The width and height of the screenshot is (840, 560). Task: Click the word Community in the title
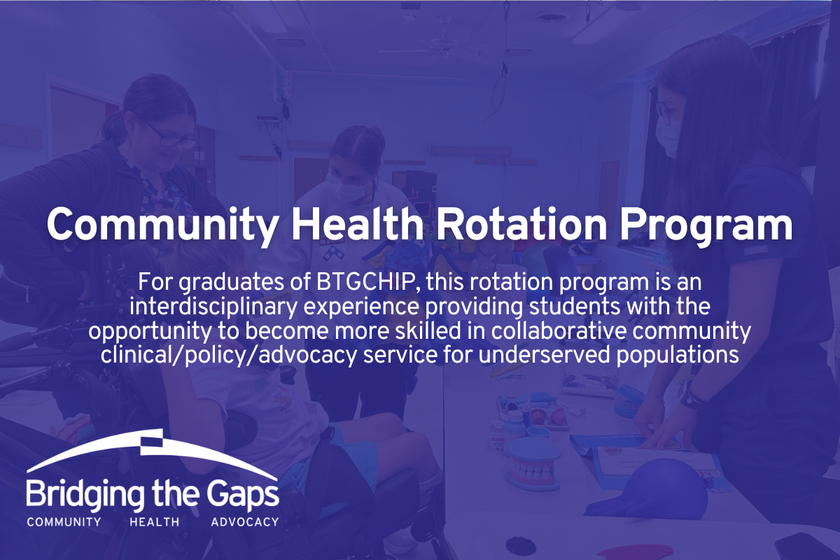162,226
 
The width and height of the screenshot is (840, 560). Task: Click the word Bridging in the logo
85,495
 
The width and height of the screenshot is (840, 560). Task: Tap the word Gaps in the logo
244,495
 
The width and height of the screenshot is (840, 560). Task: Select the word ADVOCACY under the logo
245,521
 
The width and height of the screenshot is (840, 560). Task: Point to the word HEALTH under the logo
155,521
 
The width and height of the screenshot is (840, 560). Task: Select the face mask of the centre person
347,186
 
